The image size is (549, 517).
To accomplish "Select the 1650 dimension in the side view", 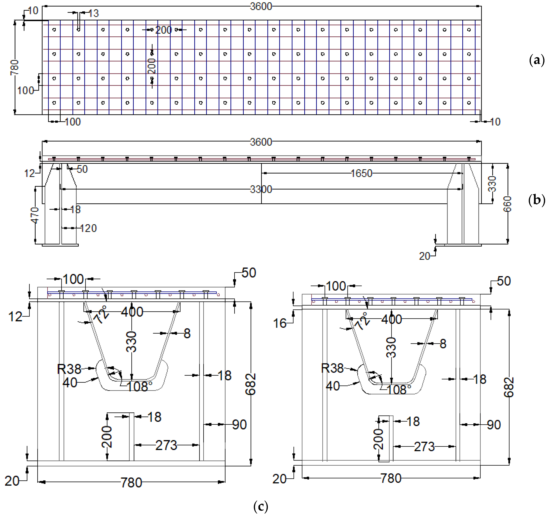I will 361,173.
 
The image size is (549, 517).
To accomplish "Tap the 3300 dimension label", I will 261,189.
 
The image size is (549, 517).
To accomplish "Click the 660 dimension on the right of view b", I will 507,204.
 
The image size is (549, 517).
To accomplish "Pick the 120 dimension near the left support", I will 88,228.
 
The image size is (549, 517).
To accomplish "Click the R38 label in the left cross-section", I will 69,369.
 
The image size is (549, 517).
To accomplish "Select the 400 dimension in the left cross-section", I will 132,312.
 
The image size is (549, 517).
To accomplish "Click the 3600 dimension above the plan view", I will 261,6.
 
